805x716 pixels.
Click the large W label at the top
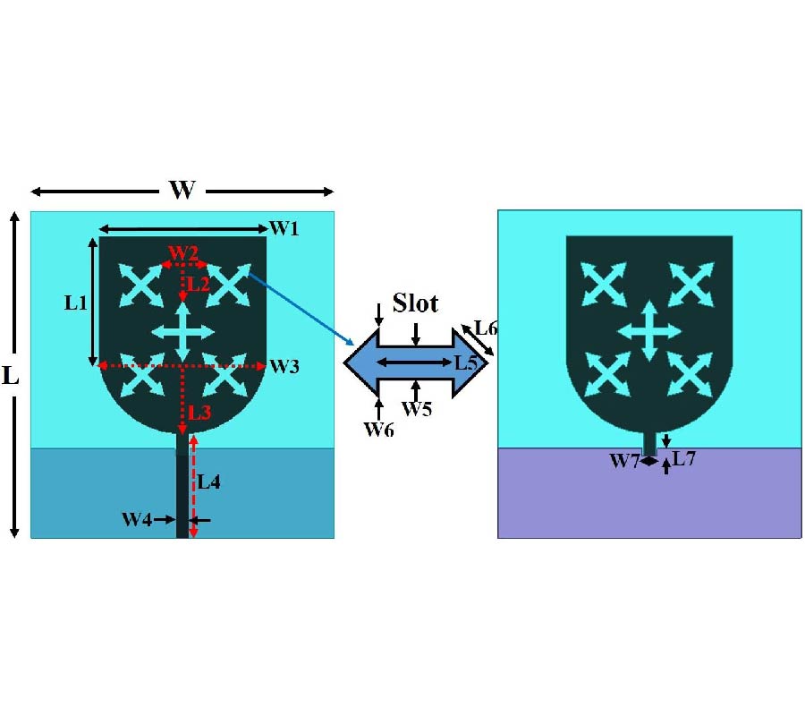[182, 191]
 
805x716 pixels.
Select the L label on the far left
[11, 376]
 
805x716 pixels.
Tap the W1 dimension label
[284, 229]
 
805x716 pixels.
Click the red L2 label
[197, 285]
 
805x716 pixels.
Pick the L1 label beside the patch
[76, 303]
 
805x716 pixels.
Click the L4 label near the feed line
[208, 482]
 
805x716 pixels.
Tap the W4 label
[137, 519]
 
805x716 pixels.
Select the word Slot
[417, 303]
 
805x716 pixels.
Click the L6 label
[486, 328]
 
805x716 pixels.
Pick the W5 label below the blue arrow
[417, 409]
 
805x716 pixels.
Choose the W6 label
[378, 430]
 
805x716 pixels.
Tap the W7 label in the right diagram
[624, 462]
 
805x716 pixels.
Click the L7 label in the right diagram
[684, 460]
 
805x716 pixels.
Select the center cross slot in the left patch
[183, 332]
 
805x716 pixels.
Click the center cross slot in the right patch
[650, 331]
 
